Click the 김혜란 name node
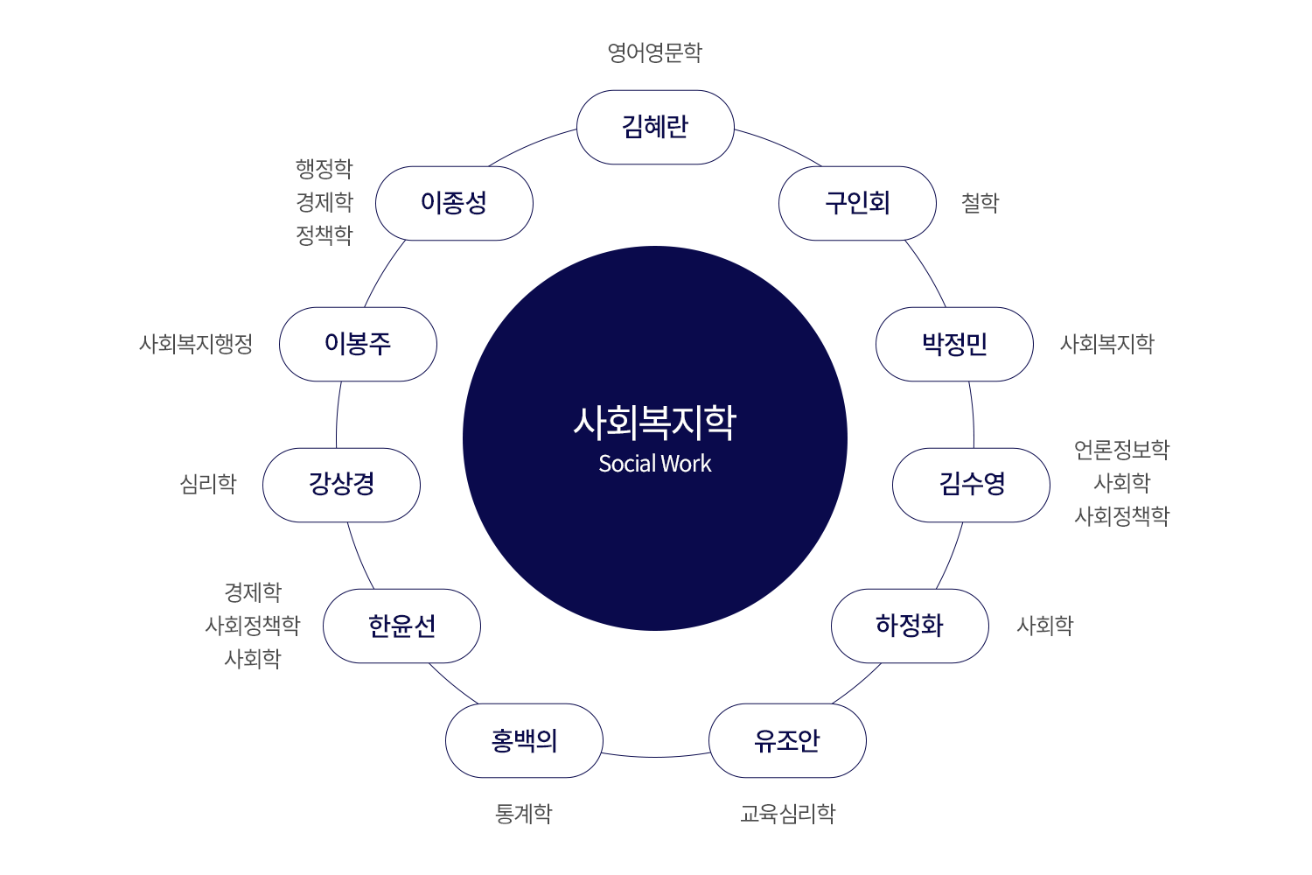[655, 127]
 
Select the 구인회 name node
[857, 203]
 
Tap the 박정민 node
[954, 344]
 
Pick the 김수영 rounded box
[971, 485]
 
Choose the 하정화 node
[910, 626]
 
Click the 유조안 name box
[787, 740]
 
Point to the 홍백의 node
[524, 740]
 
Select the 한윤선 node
[401, 626]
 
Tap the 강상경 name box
[341, 485]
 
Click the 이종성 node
[454, 203]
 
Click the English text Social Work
[655, 464]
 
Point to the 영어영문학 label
[655, 52]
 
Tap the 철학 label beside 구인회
[980, 203]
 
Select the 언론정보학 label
[1121, 450]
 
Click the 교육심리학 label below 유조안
[787, 814]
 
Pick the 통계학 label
[524, 814]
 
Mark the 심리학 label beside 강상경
[208, 484]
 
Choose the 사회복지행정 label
[196, 344]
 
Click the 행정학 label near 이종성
[325, 168]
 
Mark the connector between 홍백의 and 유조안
[656, 756]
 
